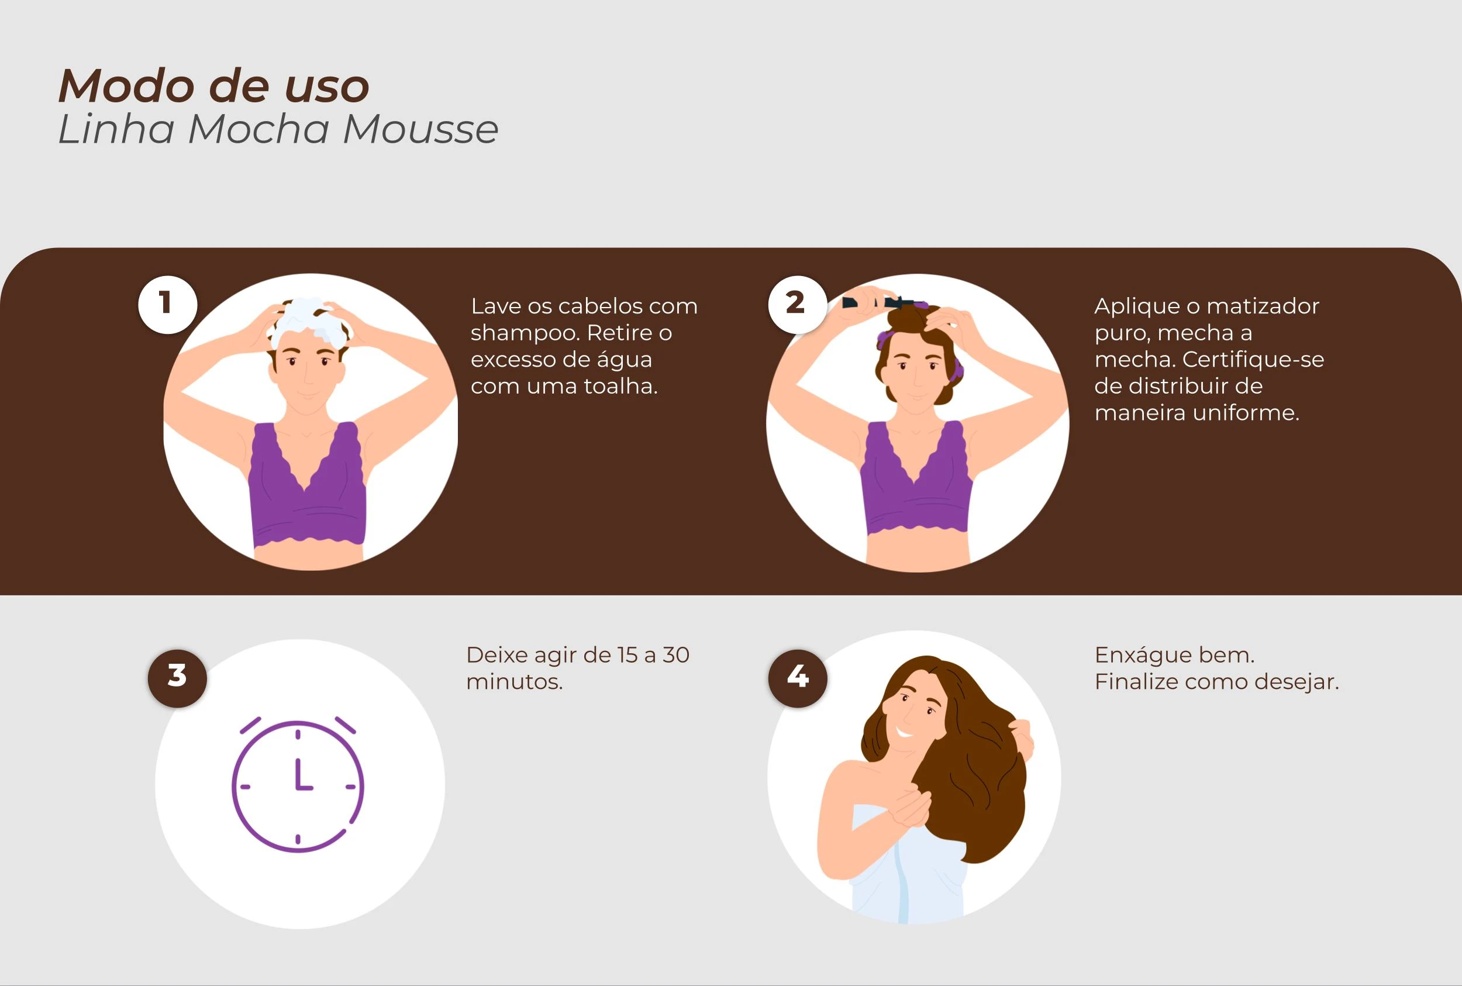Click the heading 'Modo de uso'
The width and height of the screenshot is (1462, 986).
[x=214, y=86]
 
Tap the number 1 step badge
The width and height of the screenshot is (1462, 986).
[x=167, y=304]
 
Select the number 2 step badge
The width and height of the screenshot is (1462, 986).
[x=796, y=304]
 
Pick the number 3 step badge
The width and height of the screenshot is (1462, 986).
[x=177, y=678]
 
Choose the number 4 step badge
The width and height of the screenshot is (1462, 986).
[x=797, y=678]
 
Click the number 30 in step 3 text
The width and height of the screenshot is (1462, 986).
[x=676, y=655]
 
